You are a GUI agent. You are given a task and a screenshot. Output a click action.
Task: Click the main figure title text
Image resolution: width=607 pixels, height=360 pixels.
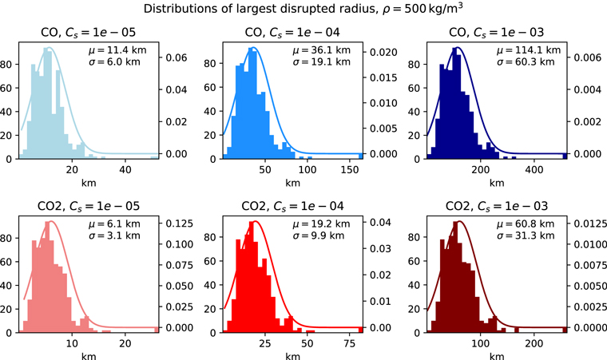(303, 10)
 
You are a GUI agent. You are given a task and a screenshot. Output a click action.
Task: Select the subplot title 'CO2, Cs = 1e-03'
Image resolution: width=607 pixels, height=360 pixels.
(496, 207)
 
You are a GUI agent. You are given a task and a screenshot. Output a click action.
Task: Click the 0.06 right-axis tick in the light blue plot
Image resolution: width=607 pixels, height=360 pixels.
(175, 58)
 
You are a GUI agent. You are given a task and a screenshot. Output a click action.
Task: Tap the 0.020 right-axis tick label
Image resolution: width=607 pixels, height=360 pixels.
(380, 52)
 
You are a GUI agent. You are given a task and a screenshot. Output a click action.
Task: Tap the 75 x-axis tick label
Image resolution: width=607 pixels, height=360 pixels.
(348, 344)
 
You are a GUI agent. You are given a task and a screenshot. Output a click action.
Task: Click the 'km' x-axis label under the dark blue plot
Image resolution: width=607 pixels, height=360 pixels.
(496, 183)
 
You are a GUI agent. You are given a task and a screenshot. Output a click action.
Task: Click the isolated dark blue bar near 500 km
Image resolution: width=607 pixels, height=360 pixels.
(565, 156)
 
